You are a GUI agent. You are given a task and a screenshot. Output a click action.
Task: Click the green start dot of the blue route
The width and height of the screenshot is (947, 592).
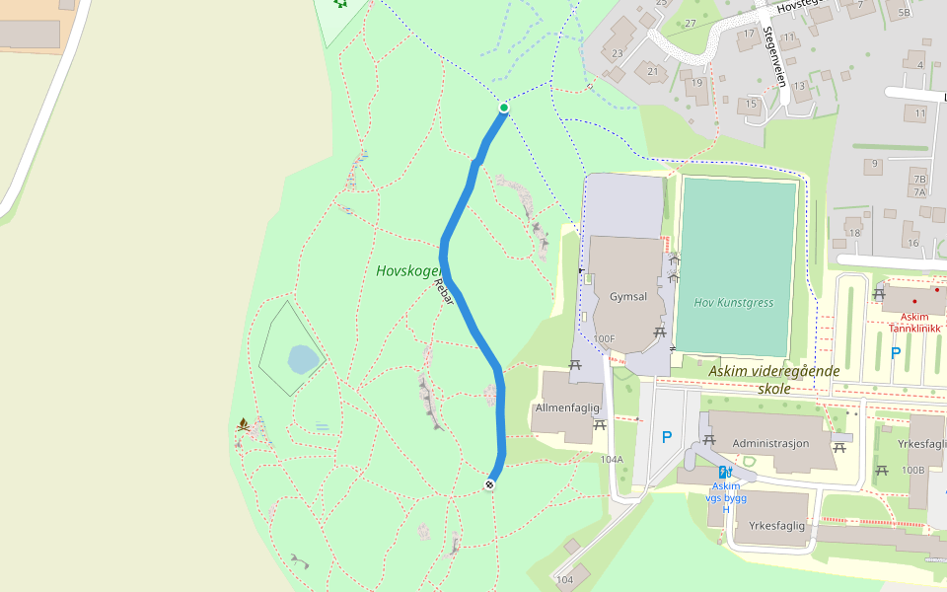click(504, 108)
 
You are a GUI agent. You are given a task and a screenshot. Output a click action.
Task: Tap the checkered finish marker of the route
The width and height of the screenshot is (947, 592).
click(489, 483)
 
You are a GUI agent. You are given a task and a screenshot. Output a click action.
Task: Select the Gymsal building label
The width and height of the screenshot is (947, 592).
click(628, 296)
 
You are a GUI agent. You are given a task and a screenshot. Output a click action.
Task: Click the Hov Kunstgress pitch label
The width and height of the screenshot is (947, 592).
click(733, 303)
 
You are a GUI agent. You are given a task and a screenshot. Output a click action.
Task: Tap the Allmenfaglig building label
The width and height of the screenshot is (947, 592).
click(566, 407)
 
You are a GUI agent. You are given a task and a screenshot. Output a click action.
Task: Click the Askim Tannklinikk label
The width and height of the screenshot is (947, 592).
click(913, 323)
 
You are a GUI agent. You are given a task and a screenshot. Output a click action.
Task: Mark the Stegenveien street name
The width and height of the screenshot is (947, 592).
click(774, 56)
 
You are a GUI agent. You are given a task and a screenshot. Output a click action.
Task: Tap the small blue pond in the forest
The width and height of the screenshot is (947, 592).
click(304, 360)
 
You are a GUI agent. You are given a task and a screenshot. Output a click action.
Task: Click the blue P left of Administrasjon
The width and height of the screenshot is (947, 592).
click(667, 437)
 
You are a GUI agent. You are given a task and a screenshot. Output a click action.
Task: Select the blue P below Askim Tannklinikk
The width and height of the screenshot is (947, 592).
click(896, 352)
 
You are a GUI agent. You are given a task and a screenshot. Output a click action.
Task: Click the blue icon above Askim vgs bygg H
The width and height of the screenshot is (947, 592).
click(725, 472)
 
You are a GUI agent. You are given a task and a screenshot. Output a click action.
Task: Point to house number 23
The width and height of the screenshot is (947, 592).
click(618, 52)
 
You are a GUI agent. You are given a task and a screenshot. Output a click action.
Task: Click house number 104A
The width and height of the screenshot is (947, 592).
click(612, 459)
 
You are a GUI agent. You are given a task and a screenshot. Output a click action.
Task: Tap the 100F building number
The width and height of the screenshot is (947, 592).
click(604, 339)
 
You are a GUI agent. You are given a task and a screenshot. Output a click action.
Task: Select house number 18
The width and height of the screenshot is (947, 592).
click(853, 233)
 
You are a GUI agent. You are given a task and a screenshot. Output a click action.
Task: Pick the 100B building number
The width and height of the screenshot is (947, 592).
click(912, 470)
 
